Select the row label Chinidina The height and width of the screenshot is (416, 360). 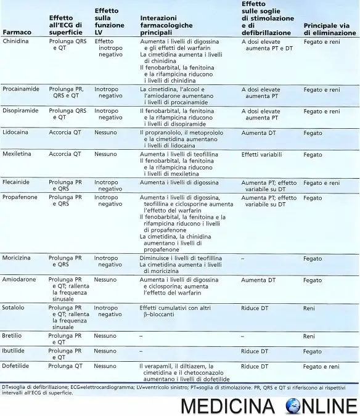[17, 41]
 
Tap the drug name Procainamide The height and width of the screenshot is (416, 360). [21, 89]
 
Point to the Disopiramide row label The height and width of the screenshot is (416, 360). [20, 111]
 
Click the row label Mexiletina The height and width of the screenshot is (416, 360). [18, 154]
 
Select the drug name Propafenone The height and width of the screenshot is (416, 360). [20, 198]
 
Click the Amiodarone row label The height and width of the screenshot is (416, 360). [19, 280]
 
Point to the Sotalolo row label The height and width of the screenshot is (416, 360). [14, 308]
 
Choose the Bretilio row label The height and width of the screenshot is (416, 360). [13, 336]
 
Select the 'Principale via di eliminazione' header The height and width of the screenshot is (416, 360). [329, 29]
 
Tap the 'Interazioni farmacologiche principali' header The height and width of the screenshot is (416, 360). [166, 25]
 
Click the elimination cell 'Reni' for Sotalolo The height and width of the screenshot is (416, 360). [309, 308]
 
